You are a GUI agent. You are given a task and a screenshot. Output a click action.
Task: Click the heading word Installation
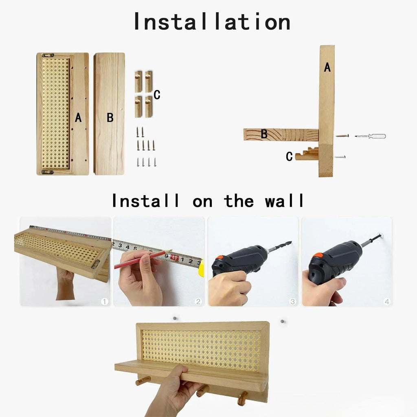tap(212, 22)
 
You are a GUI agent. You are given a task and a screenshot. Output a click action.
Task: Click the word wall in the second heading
tap(284, 201)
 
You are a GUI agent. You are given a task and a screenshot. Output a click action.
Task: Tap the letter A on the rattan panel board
tap(78, 118)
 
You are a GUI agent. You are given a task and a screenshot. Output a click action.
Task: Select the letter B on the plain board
tap(110, 118)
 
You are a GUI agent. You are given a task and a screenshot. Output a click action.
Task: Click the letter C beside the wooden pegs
tap(157, 95)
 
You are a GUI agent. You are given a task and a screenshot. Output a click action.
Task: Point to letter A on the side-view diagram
tap(327, 68)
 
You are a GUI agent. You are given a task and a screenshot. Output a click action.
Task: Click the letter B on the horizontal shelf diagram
tap(264, 134)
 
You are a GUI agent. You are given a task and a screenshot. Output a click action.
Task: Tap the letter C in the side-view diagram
tap(289, 156)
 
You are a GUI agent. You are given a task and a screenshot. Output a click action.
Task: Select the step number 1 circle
tap(105, 301)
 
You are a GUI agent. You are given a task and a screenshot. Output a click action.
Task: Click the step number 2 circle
tap(198, 301)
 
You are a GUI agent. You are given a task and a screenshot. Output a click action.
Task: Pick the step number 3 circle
tap(292, 301)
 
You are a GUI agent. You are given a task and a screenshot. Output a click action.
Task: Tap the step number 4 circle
tap(386, 301)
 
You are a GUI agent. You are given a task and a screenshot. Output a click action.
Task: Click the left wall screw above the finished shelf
tap(174, 318)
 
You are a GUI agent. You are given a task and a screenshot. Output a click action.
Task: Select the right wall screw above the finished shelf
tap(281, 322)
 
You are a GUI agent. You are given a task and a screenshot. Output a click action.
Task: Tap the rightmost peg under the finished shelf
tap(243, 398)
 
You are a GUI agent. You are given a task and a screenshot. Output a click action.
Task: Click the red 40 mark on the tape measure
tap(174, 257)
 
